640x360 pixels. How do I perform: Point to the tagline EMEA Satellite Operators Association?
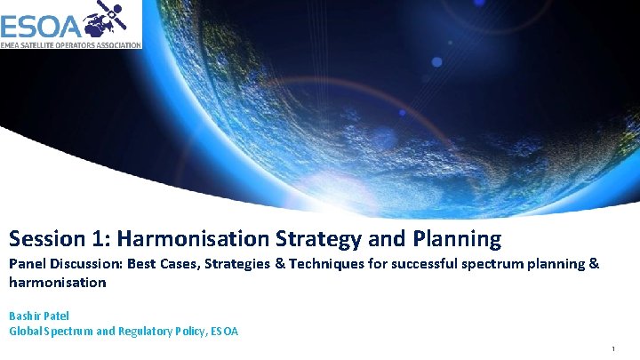pyautogui.click(x=70, y=44)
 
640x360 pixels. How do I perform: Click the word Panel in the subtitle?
pyautogui.click(x=27, y=264)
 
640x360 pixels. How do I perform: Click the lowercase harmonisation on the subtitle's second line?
pyautogui.click(x=57, y=283)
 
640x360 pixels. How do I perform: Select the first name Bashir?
pyautogui.click(x=24, y=315)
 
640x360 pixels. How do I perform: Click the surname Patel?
pyautogui.click(x=57, y=315)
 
